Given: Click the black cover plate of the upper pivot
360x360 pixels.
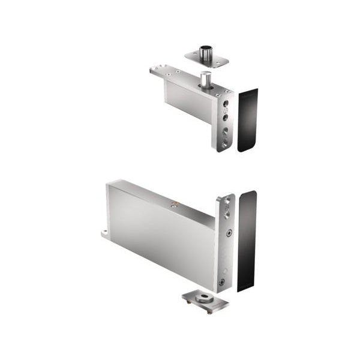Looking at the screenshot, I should point(247,120).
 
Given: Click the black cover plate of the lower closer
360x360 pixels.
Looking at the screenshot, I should point(247,240).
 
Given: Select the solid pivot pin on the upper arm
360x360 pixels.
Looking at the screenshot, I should point(206,79).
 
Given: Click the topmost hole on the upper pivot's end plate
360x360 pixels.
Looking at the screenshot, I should point(226,103).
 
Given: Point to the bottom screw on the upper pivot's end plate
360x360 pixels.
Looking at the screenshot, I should point(224,144).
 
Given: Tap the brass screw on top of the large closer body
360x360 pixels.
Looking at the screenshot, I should point(175,205).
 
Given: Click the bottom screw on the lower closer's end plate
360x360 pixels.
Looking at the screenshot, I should point(223,281).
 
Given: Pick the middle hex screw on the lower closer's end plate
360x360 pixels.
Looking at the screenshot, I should point(227,233).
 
